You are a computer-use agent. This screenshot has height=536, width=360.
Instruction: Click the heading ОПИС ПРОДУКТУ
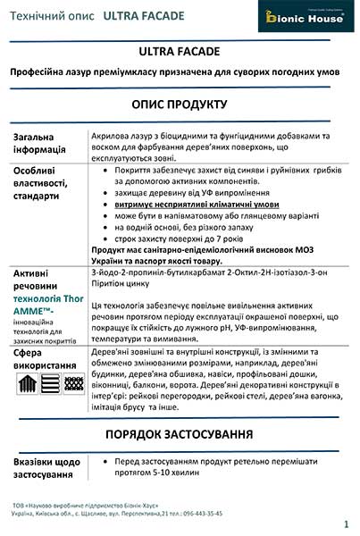point(180,104)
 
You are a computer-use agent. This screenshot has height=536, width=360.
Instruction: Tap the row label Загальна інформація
point(39,142)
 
